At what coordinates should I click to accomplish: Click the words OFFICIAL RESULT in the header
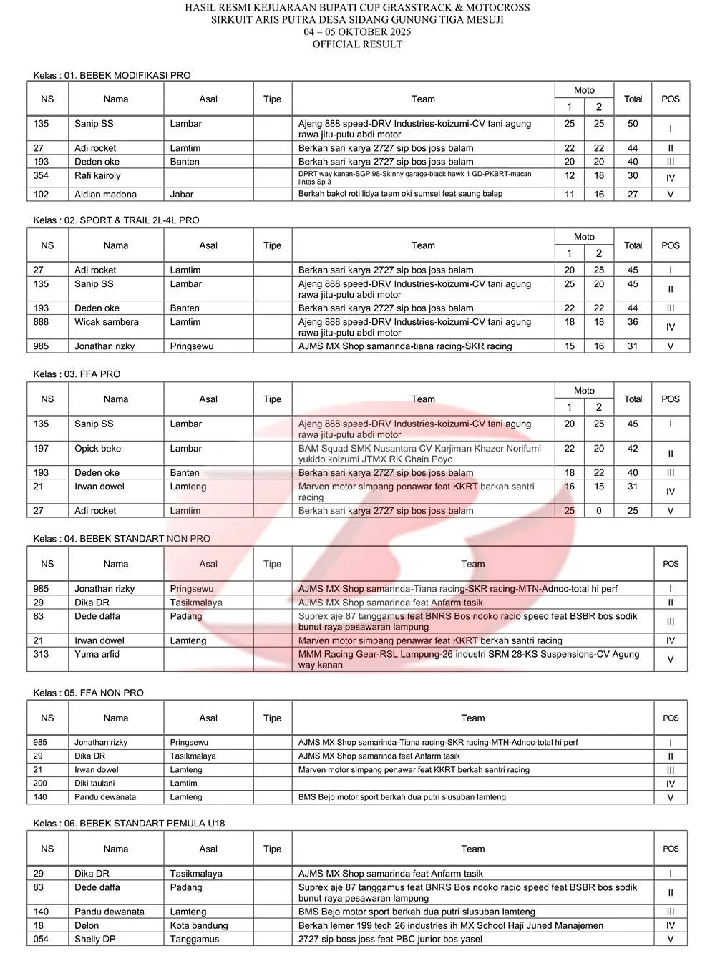pos(357,44)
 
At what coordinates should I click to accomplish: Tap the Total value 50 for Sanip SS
pos(633,124)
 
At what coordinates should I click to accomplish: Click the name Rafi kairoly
pos(97,175)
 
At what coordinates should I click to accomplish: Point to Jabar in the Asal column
pos(182,194)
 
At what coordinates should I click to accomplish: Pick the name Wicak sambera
pos(107,322)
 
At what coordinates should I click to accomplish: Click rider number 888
pos(42,322)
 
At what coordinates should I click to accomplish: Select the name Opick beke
pos(97,449)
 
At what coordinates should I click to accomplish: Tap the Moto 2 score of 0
pos(599,511)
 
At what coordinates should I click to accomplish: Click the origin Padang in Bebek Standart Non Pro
pos(186,616)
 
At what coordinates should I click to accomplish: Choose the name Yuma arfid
pos(97,654)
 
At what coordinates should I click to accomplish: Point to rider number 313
pos(42,654)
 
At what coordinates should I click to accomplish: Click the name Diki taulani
pos(94,784)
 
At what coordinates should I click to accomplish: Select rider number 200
pos(40,784)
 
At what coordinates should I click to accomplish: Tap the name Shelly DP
pos(95,939)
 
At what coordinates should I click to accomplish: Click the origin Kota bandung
pos(199,925)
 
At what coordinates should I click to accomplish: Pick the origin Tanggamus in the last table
pos(195,939)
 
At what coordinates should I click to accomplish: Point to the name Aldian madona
pos(105,194)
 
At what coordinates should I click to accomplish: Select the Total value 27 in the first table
pos(633,194)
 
